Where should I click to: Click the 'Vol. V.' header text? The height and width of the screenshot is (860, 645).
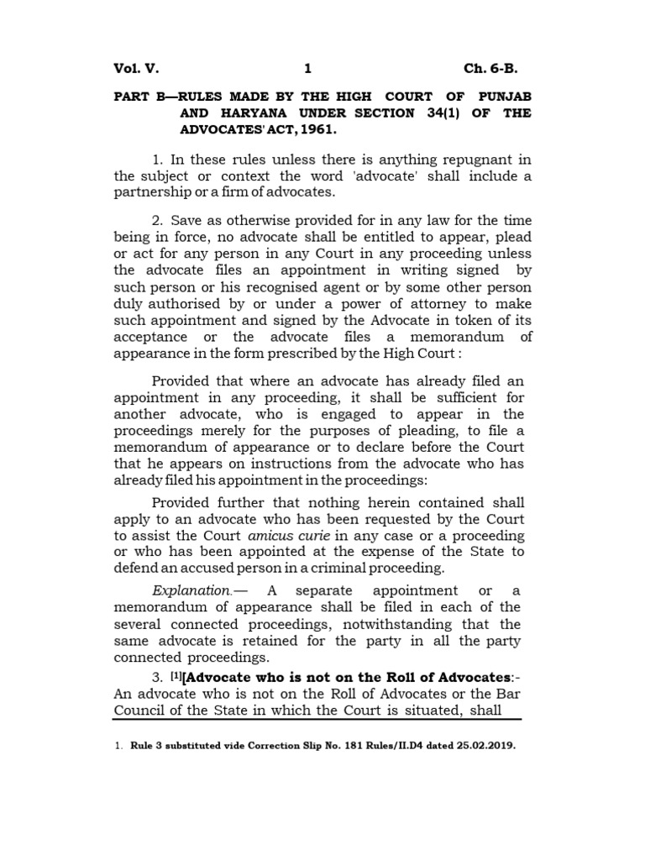pos(136,68)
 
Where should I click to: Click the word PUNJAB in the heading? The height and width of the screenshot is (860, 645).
pos(503,96)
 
